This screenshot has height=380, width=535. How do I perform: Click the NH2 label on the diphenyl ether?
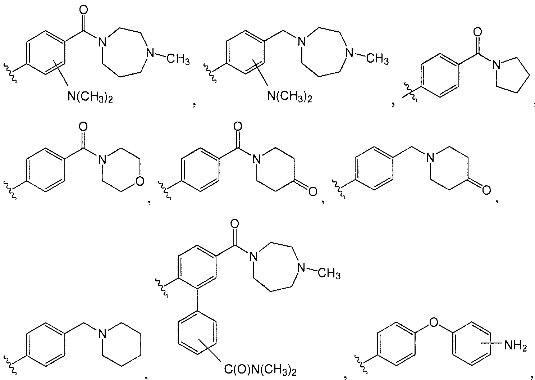tap(516, 346)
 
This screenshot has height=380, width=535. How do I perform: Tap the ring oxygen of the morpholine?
tap(140, 181)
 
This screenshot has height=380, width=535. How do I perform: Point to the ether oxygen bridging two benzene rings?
tap(434, 322)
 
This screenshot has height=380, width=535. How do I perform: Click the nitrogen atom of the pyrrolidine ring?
tap(497, 65)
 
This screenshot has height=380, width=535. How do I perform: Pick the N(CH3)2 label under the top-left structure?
tap(90, 97)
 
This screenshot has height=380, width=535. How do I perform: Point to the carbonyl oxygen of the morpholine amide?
tap(83, 127)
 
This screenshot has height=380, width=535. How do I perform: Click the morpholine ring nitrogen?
tap(102, 159)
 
